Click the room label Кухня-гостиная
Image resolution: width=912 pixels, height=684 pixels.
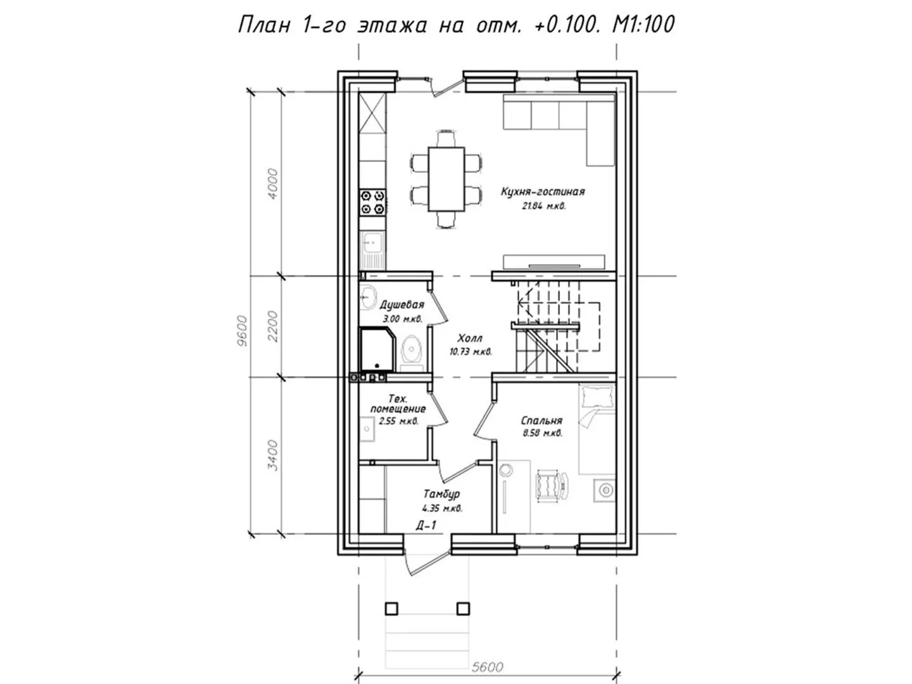click(543, 191)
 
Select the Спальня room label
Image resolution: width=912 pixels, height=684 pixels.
click(541, 421)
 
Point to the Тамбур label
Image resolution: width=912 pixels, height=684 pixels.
click(441, 494)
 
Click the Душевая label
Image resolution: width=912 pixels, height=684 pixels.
click(402, 305)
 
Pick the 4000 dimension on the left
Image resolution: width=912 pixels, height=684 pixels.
click(272, 184)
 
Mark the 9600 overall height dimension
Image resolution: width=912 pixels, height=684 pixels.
click(242, 331)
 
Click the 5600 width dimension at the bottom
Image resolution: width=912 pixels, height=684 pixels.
click(488, 667)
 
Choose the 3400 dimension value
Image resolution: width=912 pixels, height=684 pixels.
click(272, 455)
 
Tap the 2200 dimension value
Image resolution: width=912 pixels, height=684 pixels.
click(272, 326)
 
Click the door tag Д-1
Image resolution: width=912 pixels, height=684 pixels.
click(426, 526)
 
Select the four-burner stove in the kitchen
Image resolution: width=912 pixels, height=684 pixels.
click(372, 202)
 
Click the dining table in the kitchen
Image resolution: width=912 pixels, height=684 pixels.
click(446, 179)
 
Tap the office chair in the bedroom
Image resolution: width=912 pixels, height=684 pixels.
click(552, 486)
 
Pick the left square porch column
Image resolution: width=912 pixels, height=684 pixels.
click(391, 609)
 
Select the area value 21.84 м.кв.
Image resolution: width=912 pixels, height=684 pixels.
click(543, 206)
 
